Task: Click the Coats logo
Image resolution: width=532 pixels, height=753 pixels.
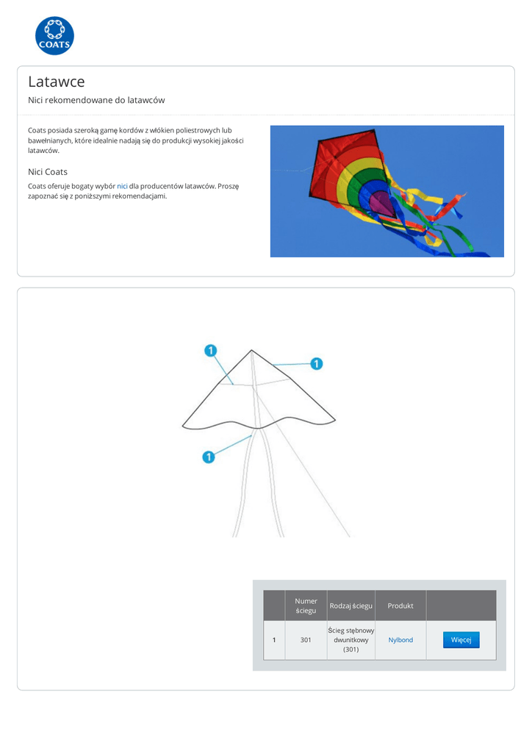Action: pos(54,35)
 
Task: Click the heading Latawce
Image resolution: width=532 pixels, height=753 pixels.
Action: pos(57,82)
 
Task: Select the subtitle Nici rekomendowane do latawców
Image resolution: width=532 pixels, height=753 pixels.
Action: pos(96,100)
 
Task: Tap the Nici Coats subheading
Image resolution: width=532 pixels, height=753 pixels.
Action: pos(48,171)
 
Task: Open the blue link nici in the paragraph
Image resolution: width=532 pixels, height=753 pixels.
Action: pos(122,186)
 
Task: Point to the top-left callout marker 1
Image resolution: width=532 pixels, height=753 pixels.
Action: pos(211,351)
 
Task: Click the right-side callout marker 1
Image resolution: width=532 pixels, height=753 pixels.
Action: pos(317,363)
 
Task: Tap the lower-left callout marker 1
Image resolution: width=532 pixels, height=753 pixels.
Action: pos(208,457)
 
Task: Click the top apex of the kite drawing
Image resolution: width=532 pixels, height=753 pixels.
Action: pos(251,351)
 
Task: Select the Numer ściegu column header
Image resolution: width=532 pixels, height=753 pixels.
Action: pos(306,605)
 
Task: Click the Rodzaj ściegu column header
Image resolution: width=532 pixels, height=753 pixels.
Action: pos(351,606)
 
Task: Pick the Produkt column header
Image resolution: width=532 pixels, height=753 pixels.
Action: pos(400,606)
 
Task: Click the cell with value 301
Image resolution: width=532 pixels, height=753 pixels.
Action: pos(306,640)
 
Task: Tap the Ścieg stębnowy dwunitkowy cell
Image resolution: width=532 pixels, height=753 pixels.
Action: pos(351,640)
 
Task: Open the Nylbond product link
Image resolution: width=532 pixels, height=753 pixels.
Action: pos(400,640)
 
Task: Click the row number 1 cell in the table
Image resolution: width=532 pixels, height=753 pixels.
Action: pos(274,640)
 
